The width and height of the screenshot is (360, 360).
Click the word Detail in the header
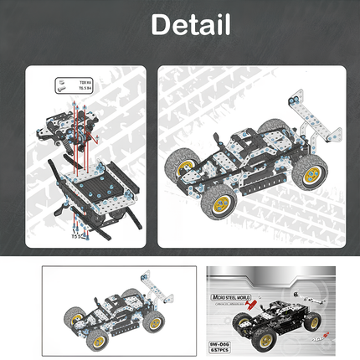[x=190, y=24]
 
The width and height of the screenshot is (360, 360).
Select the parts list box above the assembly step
[x=70, y=86]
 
